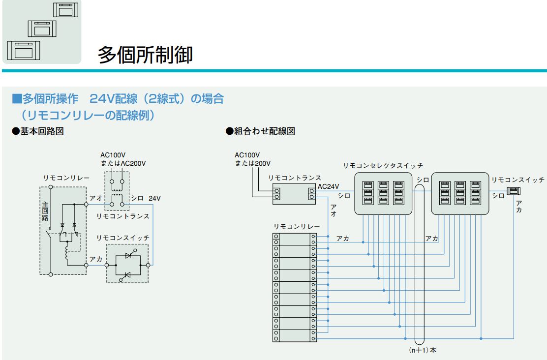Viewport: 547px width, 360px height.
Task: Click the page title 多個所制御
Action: pos(145,54)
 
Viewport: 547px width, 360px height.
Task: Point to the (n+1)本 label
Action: pos(420,351)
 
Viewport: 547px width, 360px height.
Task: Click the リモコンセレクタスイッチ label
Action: pos(383,165)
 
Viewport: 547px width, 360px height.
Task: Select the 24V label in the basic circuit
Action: pos(154,198)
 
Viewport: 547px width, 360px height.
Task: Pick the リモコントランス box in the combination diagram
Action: pos(294,193)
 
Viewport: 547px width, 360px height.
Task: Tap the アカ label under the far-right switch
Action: pos(519,207)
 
